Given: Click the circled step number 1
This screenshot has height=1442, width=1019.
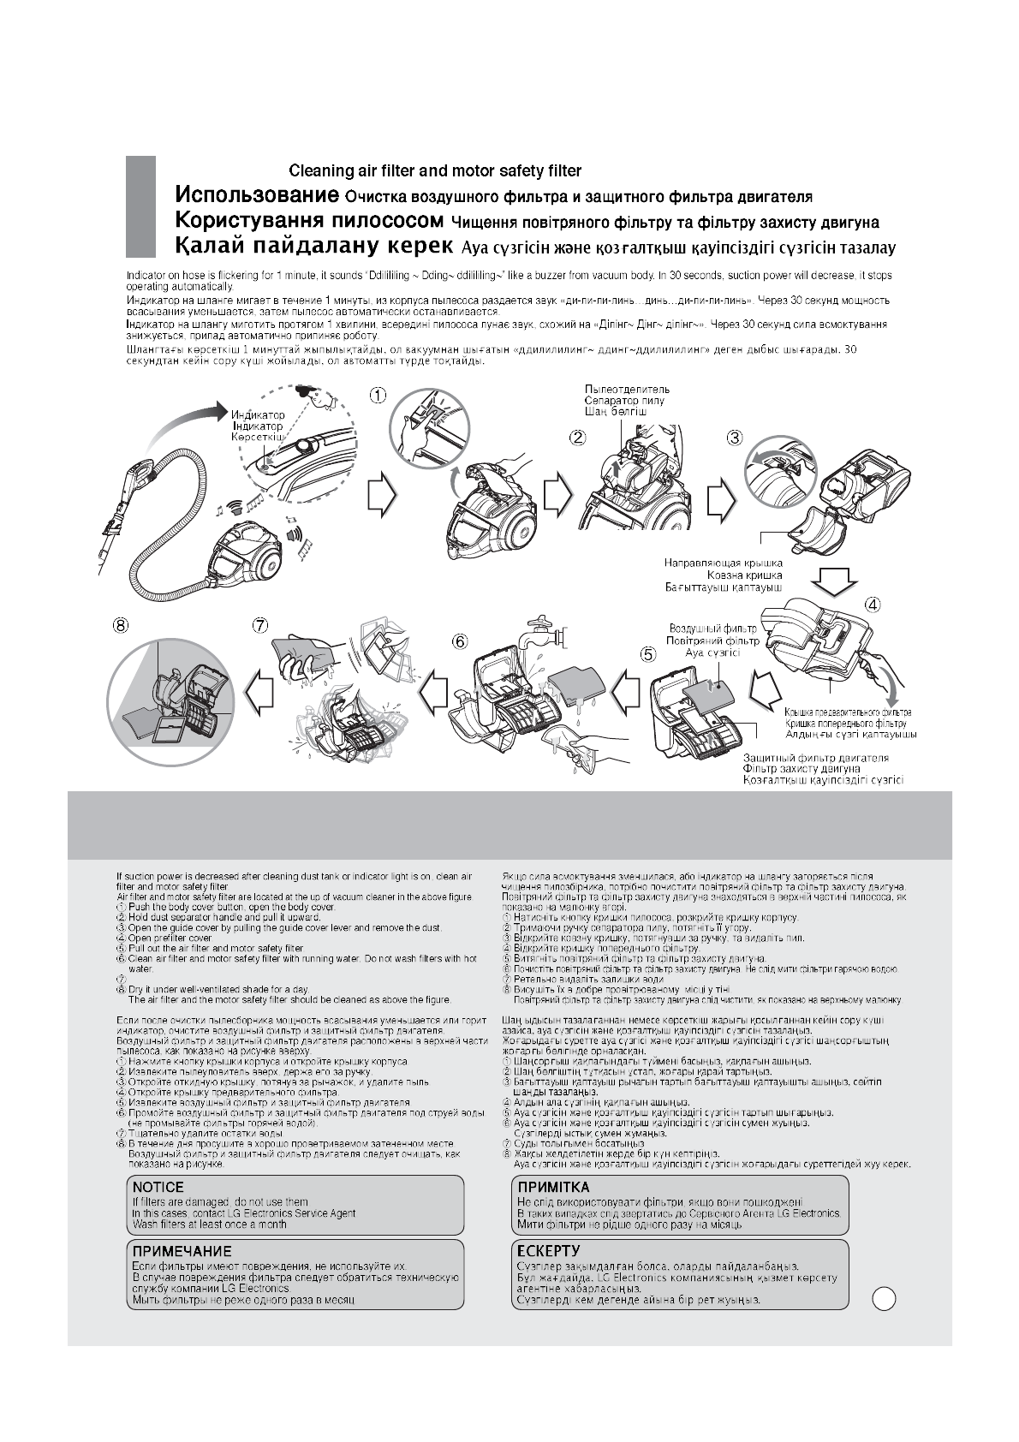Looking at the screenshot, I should pos(378,396).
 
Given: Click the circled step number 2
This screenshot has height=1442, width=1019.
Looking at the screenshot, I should pos(579,437).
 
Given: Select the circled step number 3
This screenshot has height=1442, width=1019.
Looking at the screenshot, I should pos(735,437).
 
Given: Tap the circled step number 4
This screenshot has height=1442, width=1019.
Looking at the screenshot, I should pos(872,603).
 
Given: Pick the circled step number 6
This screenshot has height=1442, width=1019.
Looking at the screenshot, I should pos(461,641).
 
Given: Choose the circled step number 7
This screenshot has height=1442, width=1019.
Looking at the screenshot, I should pos(260,626).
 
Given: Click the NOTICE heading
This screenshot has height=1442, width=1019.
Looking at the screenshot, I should pos(158,1187).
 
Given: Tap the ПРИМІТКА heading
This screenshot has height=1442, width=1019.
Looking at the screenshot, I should pos(553,1187).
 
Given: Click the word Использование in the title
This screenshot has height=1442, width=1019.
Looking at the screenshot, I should pos(252,194).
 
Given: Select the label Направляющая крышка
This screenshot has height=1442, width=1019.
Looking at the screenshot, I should pos(724,563).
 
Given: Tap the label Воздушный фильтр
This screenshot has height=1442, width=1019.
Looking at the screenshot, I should pos(712,629).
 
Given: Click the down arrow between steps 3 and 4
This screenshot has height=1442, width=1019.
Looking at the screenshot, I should pos(833,579).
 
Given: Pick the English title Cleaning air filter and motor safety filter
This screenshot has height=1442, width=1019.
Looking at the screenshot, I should pos(435,170).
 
